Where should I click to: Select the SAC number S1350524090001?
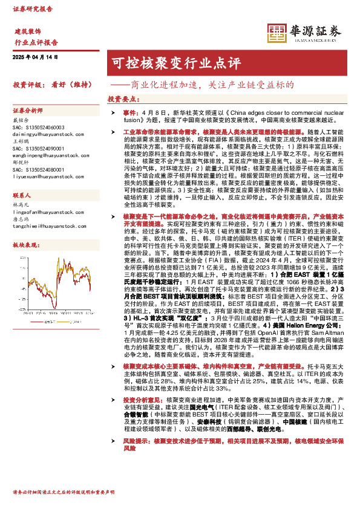[x=38, y=149]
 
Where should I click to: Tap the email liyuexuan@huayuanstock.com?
[x=42, y=177]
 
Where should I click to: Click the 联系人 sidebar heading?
[x=22, y=196]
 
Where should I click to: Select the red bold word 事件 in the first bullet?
[x=131, y=112]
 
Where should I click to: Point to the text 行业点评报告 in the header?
[x=36, y=42]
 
